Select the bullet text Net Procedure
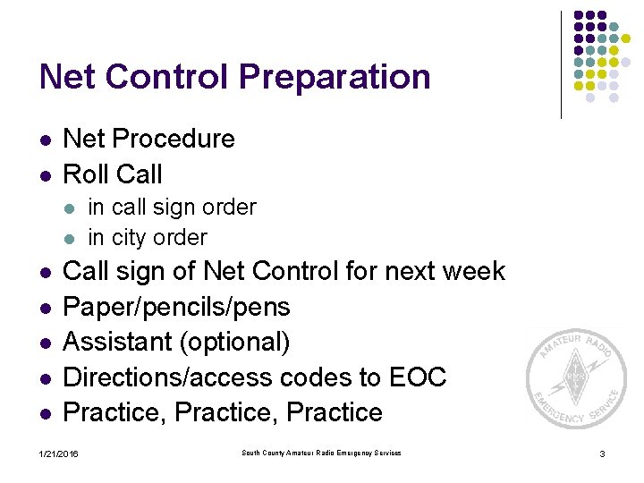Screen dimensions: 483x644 click(x=148, y=139)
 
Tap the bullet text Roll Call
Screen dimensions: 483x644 click(x=113, y=174)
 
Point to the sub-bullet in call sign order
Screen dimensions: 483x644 click(x=172, y=208)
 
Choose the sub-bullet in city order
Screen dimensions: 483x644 click(x=147, y=238)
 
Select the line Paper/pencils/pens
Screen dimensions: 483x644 click(x=176, y=307)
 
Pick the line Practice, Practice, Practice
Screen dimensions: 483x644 click(x=223, y=413)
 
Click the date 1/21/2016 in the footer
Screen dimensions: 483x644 click(x=59, y=455)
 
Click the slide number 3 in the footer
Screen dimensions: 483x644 click(x=602, y=455)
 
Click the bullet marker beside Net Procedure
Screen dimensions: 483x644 click(x=44, y=140)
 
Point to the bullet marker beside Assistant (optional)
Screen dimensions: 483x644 click(x=44, y=343)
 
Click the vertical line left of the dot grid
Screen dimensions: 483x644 click(x=561, y=64)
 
